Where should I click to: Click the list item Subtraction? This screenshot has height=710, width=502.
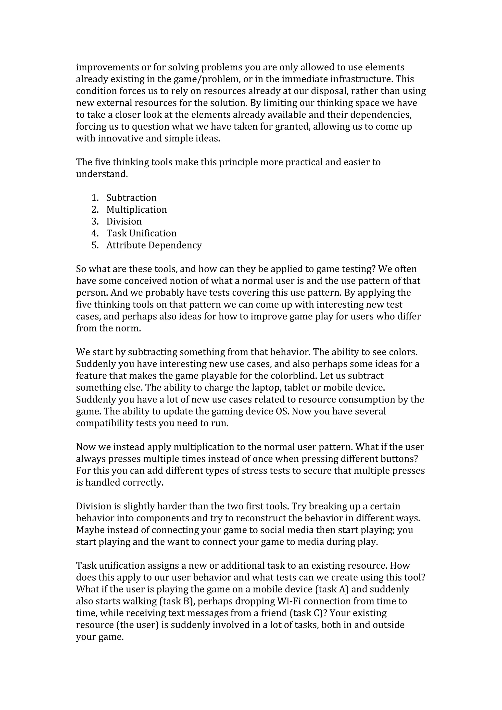pyautogui.click(x=131, y=198)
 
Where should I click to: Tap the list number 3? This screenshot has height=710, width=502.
pyautogui.click(x=95, y=221)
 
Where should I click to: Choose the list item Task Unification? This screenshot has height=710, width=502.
pyautogui.click(x=141, y=233)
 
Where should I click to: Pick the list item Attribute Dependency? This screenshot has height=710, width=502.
pyautogui.click(x=154, y=245)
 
